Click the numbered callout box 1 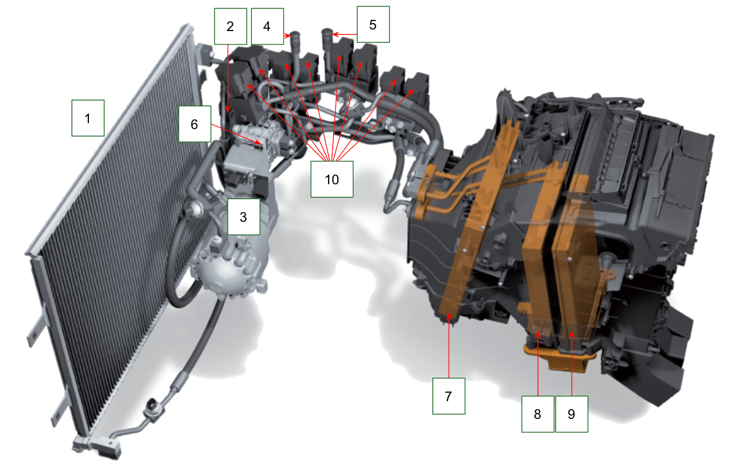88,118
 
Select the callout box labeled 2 231,26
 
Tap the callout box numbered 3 243,217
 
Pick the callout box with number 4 267,26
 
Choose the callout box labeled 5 373,25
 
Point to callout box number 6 195,124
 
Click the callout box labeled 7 449,396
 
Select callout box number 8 538,414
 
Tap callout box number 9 572,414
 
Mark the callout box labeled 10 332,179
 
